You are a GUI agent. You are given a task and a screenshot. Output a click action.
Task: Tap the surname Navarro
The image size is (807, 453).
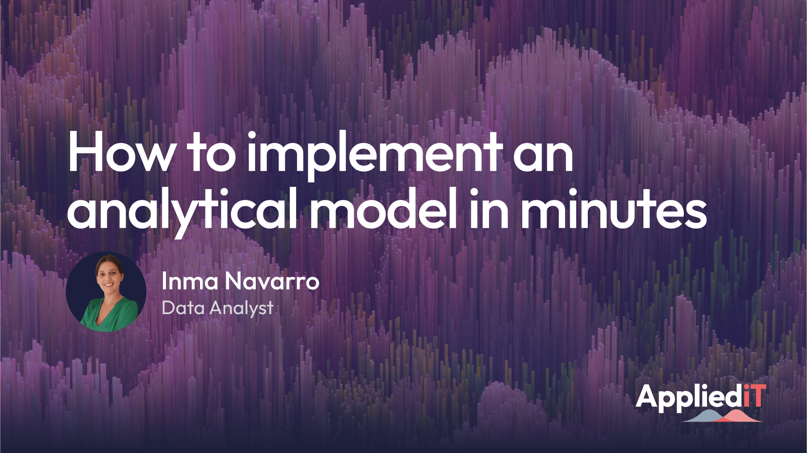click(272, 282)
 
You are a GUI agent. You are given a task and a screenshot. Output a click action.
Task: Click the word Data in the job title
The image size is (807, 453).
click(183, 308)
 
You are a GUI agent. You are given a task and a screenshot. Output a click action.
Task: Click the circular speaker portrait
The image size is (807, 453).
click(106, 292)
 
